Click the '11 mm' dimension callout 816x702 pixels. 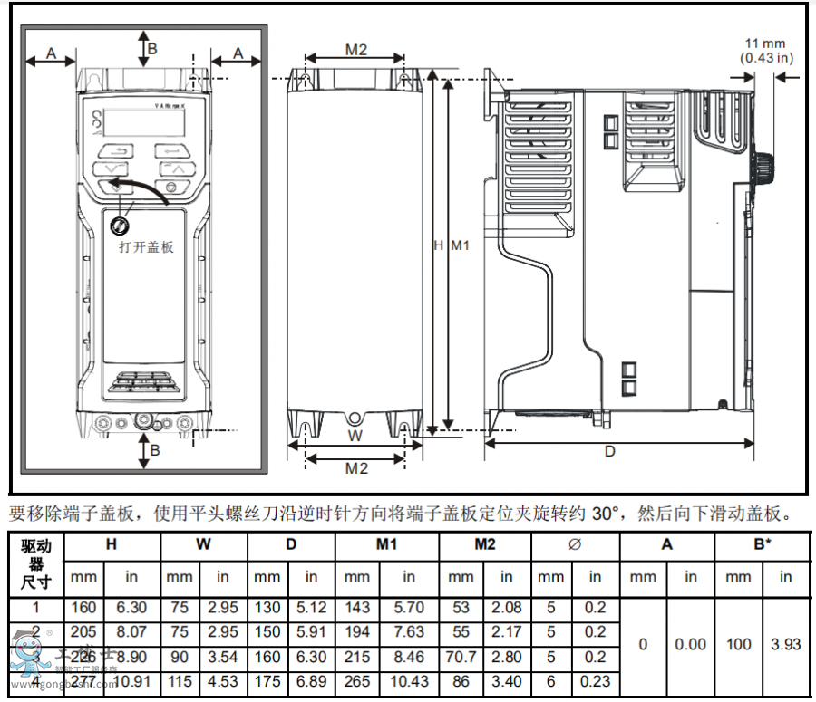coord(765,43)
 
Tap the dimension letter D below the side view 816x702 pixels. coord(610,450)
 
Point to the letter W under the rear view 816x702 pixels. coord(355,436)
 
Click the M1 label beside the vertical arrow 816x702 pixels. coord(460,245)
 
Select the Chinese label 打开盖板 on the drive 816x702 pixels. coord(146,246)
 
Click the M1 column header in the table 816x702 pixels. coord(387,544)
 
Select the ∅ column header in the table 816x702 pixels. coord(574,544)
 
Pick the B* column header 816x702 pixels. coord(763,544)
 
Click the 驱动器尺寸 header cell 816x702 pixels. coord(36,563)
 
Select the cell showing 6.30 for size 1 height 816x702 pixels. coord(131,608)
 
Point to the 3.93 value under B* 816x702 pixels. coord(784,644)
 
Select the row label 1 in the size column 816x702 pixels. coord(36,608)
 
